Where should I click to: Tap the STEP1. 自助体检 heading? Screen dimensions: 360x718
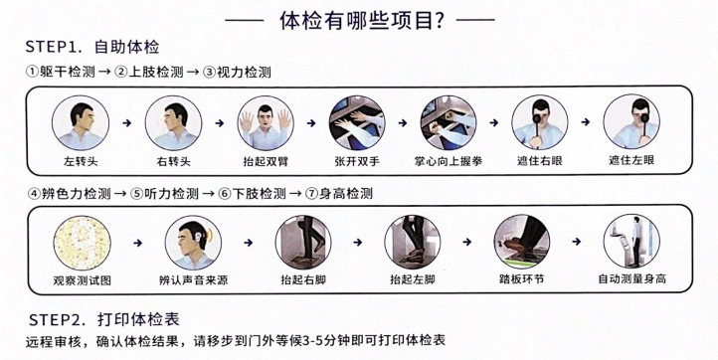[x=95, y=47]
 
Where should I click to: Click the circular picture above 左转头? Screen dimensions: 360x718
[x=82, y=121]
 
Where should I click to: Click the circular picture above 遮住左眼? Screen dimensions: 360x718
[x=632, y=121]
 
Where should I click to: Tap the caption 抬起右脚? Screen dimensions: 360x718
[x=302, y=281]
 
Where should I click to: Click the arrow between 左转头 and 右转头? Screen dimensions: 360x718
[x=127, y=122]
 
